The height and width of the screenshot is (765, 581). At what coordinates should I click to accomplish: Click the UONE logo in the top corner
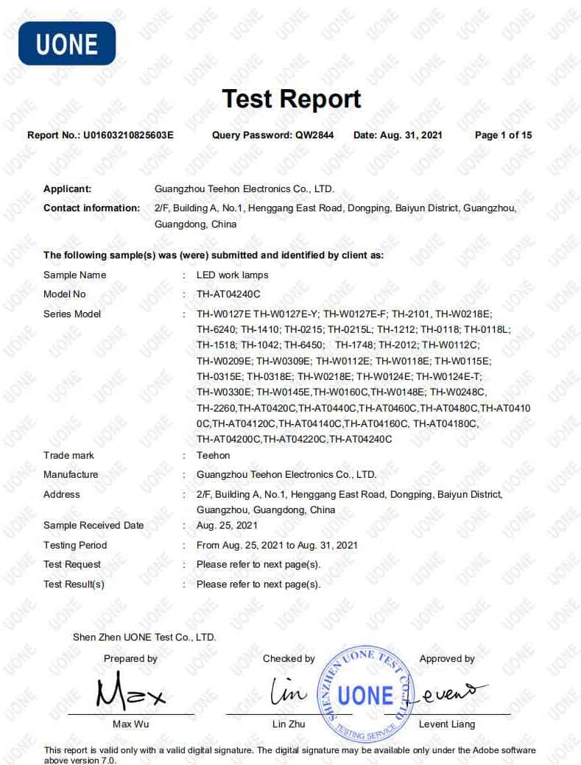(x=67, y=43)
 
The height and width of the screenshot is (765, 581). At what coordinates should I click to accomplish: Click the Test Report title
(x=292, y=99)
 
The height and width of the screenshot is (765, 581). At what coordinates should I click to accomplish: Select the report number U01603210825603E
(x=128, y=135)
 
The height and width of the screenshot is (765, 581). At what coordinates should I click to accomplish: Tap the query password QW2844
(x=314, y=135)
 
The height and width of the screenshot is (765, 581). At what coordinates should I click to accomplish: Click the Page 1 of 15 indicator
(x=504, y=135)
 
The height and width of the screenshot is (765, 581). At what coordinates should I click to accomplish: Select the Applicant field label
(x=68, y=189)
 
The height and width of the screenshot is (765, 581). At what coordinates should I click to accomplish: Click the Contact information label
(x=91, y=208)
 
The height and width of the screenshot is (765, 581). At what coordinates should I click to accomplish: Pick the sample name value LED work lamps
(x=233, y=275)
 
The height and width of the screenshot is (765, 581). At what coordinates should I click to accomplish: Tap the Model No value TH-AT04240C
(x=229, y=295)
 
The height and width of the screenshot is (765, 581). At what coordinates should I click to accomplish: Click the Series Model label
(x=72, y=314)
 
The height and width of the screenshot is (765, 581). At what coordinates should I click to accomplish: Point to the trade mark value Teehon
(x=213, y=456)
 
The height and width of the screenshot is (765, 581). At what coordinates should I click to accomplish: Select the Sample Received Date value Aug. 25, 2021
(x=228, y=526)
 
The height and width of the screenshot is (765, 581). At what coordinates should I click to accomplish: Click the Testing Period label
(x=75, y=546)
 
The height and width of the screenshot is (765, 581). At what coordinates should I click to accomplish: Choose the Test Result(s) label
(x=74, y=585)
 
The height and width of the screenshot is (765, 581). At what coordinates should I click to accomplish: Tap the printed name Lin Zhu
(x=289, y=725)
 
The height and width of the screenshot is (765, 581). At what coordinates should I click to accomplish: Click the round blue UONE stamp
(x=366, y=694)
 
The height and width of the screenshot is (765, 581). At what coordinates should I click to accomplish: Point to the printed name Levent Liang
(x=447, y=725)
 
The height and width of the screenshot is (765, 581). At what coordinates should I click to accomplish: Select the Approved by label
(x=447, y=659)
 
